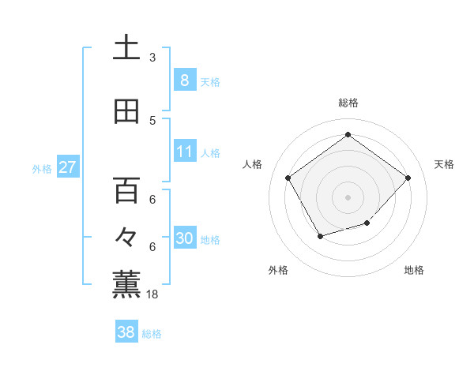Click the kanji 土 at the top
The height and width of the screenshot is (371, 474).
point(126,48)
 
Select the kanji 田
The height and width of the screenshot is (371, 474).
point(126,111)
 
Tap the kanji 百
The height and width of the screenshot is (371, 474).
point(126,190)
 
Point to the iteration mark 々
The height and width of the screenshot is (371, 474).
point(126,237)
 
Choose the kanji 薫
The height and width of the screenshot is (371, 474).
point(126,284)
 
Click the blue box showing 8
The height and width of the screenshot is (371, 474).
point(184,81)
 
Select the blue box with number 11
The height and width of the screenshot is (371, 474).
point(184,152)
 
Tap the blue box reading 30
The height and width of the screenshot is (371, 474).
point(184,238)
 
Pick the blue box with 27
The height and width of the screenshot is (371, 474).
point(67,167)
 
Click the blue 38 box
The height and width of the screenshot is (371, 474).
point(126,332)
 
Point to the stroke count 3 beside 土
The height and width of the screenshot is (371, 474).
point(152,58)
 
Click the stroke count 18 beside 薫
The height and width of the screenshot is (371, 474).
point(152,294)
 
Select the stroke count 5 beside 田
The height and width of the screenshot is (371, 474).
point(152,121)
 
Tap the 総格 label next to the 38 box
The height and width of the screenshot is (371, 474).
point(152,334)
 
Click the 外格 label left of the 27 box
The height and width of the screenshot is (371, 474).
point(41,169)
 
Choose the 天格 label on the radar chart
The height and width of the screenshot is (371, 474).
point(444,164)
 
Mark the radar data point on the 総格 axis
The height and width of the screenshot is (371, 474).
point(348,135)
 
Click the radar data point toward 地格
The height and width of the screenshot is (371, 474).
point(367,223)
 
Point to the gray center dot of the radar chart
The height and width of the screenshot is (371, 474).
point(348,197)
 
